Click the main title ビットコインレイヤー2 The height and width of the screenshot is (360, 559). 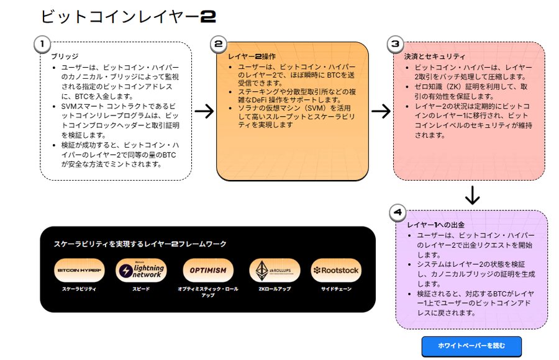[127, 17]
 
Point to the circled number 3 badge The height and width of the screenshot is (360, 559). [396, 44]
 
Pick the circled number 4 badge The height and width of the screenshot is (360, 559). [398, 212]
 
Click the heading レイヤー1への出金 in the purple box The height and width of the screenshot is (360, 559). [436, 224]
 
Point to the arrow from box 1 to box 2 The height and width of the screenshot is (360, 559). [204, 111]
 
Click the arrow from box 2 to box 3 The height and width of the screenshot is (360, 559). [381, 111]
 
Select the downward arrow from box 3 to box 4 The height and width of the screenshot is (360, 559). [473, 196]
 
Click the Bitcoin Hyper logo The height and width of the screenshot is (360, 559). [80, 271]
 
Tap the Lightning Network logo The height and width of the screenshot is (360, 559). [142, 271]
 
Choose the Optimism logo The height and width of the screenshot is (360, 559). [209, 271]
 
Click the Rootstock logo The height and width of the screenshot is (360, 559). [336, 271]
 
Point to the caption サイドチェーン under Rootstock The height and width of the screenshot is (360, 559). [336, 290]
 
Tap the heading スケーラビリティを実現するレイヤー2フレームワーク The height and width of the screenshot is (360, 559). [140, 245]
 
